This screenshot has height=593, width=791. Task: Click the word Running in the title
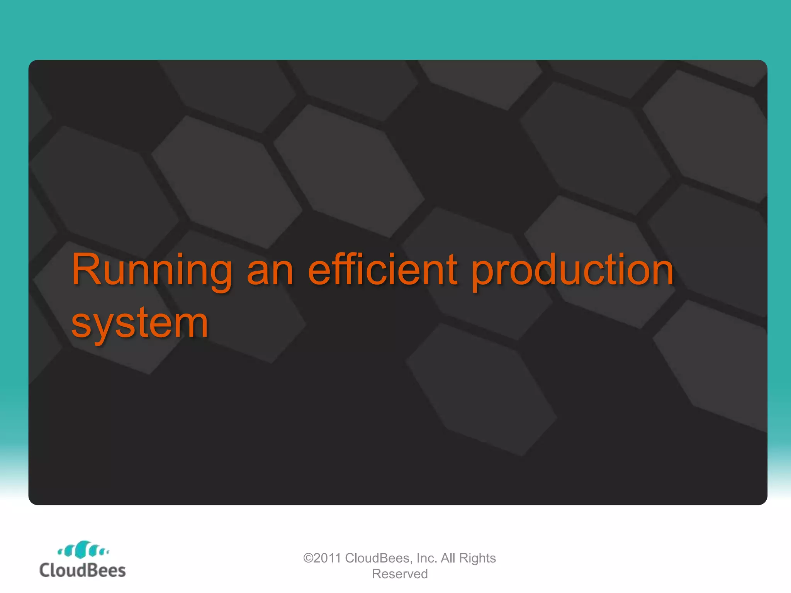151,270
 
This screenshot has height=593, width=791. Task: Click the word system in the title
140,324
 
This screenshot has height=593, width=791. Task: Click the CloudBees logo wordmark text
83,571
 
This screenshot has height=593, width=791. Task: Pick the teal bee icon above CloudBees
83,550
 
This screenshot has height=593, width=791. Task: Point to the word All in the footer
448,558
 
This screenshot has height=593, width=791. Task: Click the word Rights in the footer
477,558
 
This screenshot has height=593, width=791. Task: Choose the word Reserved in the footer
400,574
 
